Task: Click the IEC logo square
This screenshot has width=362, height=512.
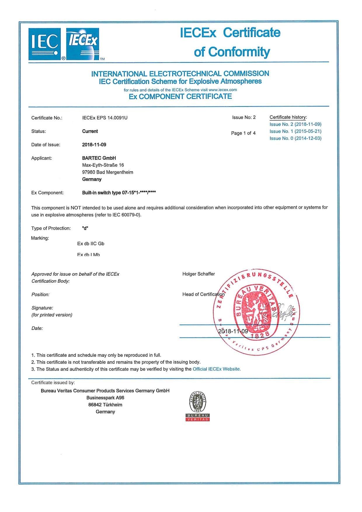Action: (45, 44)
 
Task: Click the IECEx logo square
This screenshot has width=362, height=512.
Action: (83, 44)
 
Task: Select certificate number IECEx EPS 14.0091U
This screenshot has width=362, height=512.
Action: (105, 118)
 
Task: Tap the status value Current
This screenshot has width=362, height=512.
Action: (90, 131)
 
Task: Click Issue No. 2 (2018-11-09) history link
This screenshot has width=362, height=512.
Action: (295, 124)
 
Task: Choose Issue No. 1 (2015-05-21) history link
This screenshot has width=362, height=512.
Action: (295, 131)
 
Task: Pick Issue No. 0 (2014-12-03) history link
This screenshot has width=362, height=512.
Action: (295, 138)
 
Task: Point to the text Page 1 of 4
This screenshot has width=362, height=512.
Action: (243, 133)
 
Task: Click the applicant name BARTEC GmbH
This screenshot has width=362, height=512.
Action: (99, 158)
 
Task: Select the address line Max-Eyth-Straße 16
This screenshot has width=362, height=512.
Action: (103, 165)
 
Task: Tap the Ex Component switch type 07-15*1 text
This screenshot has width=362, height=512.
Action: (119, 193)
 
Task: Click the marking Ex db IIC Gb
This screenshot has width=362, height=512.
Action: (90, 243)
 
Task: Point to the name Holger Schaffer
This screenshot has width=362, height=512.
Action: (199, 274)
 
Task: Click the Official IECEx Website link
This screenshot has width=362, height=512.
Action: (217, 369)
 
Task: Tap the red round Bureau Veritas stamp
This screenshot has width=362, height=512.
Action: (256, 312)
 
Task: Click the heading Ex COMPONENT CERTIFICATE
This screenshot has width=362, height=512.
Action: (180, 97)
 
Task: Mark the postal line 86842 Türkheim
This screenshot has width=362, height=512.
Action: (105, 405)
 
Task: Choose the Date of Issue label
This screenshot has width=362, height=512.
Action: (46, 145)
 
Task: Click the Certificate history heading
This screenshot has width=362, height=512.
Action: (288, 117)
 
